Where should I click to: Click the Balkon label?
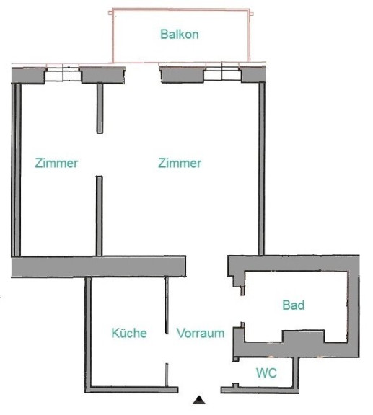[x=180, y=35]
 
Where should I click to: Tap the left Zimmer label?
[x=56, y=163]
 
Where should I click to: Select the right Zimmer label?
[x=180, y=163]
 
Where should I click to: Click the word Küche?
[x=129, y=333]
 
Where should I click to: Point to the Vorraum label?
[x=201, y=333]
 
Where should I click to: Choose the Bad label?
[x=294, y=305]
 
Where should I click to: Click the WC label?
[x=266, y=373]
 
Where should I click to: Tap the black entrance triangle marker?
[x=199, y=400]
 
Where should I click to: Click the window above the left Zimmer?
[x=63, y=72]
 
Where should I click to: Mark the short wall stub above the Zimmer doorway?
[x=100, y=109]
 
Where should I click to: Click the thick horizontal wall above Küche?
[x=98, y=267]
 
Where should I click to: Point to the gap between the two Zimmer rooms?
[x=100, y=155]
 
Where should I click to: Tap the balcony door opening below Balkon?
[x=143, y=73]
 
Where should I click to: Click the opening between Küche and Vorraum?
[x=167, y=348]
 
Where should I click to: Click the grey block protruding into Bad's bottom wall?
[x=303, y=336]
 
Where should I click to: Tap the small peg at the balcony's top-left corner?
[x=110, y=12]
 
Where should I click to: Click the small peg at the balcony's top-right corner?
[x=252, y=13]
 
